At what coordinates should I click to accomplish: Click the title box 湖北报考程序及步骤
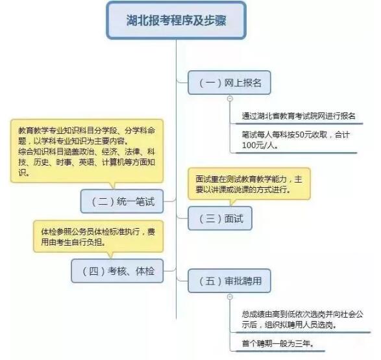[177, 20]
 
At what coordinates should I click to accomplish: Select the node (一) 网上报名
[229, 83]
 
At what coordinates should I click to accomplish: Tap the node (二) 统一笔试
[122, 201]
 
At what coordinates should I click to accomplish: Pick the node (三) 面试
[220, 218]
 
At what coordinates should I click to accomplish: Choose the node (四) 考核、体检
[117, 271]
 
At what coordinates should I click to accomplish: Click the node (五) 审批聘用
[229, 281]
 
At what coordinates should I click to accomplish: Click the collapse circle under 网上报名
[230, 99]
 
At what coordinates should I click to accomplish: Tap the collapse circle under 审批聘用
[230, 297]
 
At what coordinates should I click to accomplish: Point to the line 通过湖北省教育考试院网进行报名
[299, 116]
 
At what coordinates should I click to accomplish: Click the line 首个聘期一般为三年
[278, 344]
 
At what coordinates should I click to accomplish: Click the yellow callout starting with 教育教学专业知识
[87, 153]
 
